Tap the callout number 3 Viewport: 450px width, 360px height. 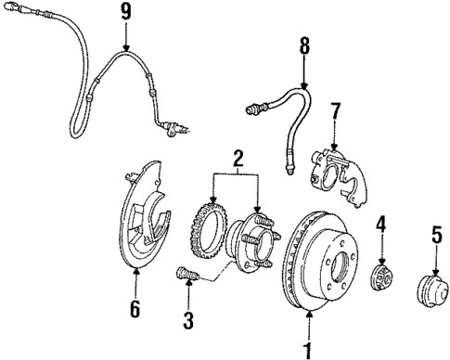[x=188, y=322]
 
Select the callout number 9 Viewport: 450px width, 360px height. [x=126, y=11]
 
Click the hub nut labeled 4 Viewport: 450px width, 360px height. [x=381, y=275]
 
